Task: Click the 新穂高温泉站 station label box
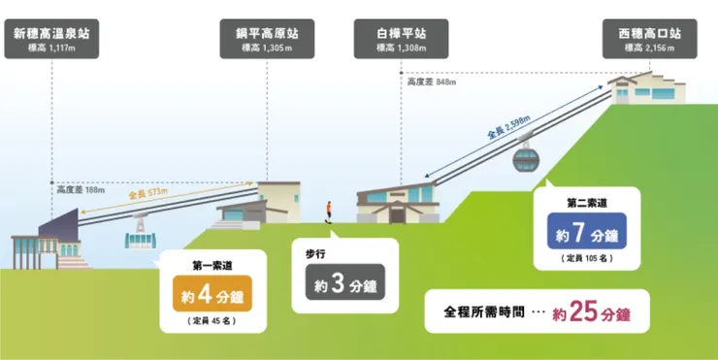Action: pyautogui.click(x=51, y=40)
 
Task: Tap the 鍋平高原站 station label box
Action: pyautogui.click(x=265, y=40)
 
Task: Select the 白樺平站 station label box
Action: pyautogui.click(x=401, y=40)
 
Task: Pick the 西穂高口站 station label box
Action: pyautogui.click(x=649, y=40)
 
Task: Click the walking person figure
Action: pyautogui.click(x=331, y=211)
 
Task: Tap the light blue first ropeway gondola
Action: pyautogui.click(x=140, y=237)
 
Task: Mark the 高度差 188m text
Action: pyautogui.click(x=80, y=190)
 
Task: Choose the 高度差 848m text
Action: pyautogui.click(x=431, y=82)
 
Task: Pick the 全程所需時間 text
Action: pyautogui.click(x=484, y=314)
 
